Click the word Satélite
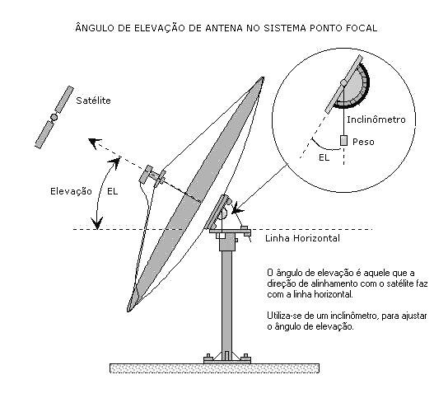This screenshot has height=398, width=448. [93, 101]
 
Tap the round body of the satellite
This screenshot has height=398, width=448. [54, 117]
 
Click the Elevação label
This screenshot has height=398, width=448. [71, 191]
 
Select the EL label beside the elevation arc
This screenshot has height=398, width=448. [113, 191]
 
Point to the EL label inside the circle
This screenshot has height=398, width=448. [324, 157]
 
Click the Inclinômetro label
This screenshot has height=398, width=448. [376, 119]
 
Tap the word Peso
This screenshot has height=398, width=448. [363, 142]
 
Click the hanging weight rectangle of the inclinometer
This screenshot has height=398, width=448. [343, 140]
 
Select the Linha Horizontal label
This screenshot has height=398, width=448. [302, 238]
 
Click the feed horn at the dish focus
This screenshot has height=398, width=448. [152, 176]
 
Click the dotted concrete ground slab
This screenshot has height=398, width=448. [215, 368]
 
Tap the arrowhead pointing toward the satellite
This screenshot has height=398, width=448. [94, 143]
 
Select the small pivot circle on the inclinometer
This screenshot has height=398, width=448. [343, 83]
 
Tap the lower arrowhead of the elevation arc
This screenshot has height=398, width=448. [97, 223]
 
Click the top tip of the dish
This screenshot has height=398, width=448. [262, 77]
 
